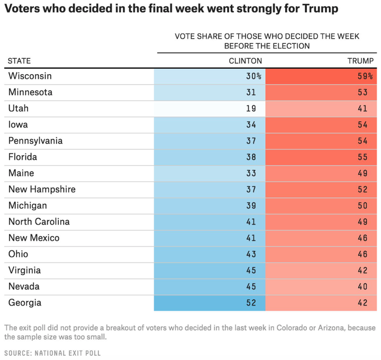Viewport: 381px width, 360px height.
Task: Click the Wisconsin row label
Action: pos(30,76)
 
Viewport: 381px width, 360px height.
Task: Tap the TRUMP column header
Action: pos(360,61)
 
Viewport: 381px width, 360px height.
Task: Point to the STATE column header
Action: pos(19,61)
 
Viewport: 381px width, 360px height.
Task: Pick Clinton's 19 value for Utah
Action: pos(251,109)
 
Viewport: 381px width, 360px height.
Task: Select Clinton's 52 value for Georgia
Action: pos(251,303)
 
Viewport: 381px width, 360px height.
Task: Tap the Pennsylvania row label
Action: pos(35,141)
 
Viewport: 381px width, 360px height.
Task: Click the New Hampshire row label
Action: pos(42,190)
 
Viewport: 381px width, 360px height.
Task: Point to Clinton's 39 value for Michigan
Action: pos(251,206)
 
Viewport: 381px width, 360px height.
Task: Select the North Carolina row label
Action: pos(39,222)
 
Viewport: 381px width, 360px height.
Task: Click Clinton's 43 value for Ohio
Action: pos(251,255)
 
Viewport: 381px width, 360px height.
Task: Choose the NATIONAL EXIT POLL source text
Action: pos(70,353)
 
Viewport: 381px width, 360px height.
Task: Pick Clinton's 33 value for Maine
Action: pos(251,173)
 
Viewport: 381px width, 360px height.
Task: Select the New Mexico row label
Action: pos(34,238)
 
